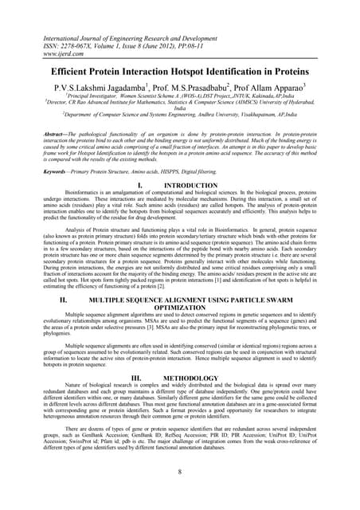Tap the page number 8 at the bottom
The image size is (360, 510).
click(x=180, y=473)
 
